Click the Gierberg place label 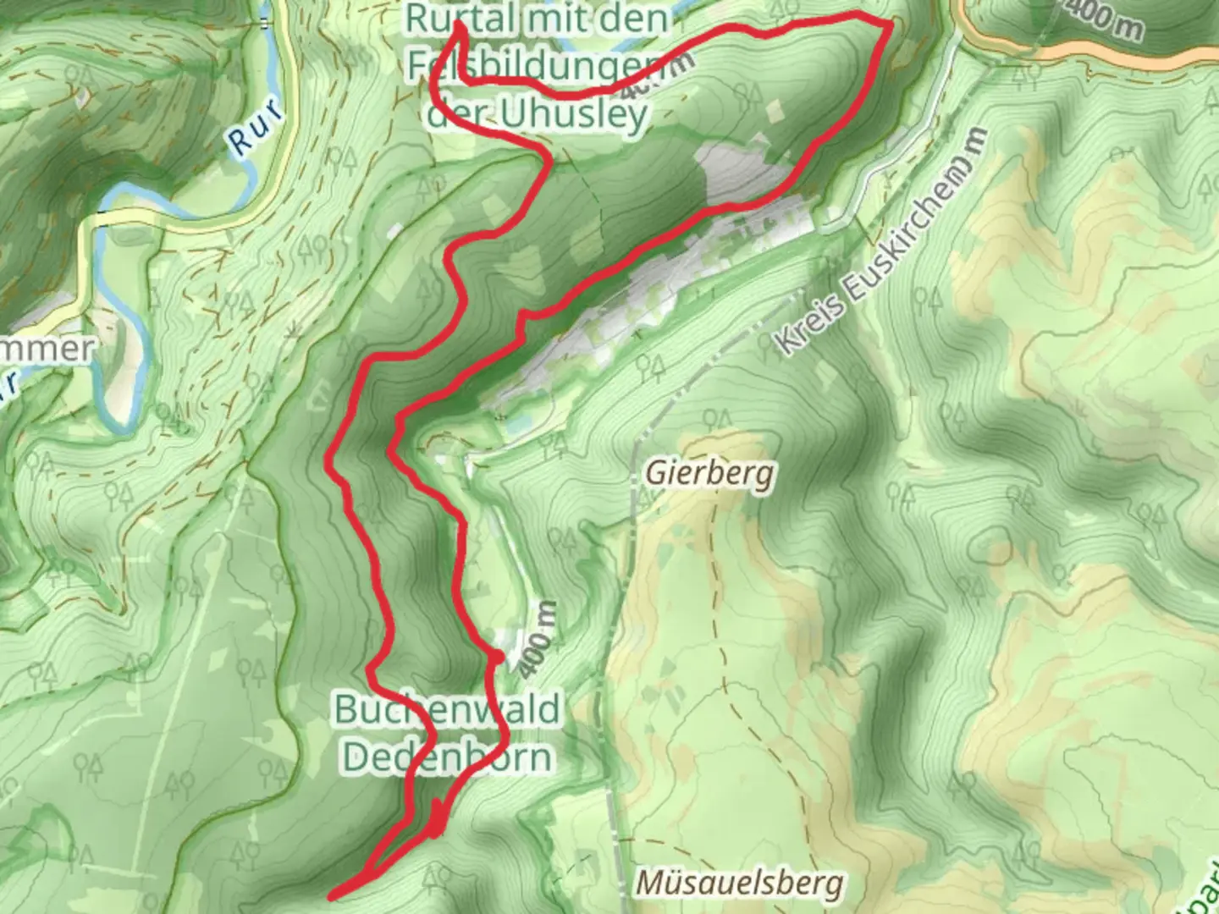pyautogui.click(x=709, y=473)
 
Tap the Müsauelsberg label pyautogui.click(x=739, y=884)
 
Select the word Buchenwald pyautogui.click(x=447, y=709)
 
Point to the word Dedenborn pyautogui.click(x=447, y=757)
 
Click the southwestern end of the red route pyautogui.click(x=332, y=895)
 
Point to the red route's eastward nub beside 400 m pyautogui.click(x=499, y=655)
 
